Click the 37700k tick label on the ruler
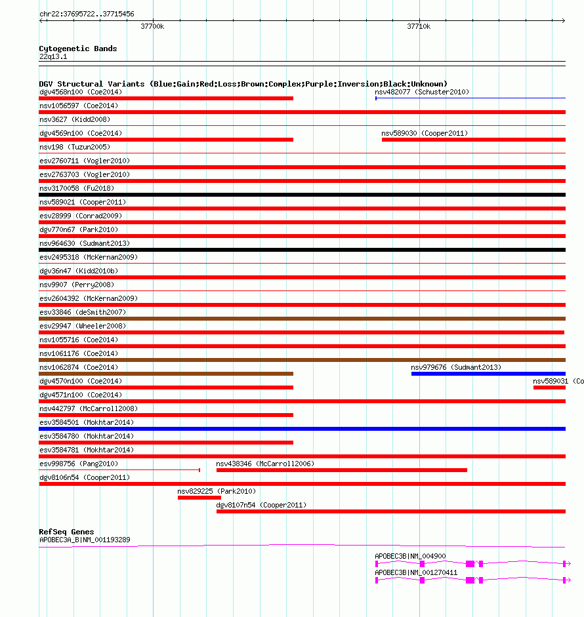(152, 27)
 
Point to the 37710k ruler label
(419, 27)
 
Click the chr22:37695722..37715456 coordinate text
(87, 14)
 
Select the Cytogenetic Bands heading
(77, 49)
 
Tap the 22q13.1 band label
(53, 56)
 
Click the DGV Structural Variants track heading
(243, 84)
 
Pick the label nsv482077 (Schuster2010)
(422, 92)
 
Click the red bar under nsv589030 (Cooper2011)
(473, 140)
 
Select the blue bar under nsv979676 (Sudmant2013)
(488, 374)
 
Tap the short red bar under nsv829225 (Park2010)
(199, 498)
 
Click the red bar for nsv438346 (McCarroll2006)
(341, 470)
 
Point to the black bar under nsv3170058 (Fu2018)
(302, 195)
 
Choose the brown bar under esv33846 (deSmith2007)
(302, 319)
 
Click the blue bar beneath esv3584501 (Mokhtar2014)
(302, 429)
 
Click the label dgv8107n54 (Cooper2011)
(261, 505)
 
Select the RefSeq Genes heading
(66, 532)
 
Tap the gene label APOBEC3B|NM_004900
(410, 556)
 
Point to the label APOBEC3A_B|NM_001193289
(85, 540)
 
